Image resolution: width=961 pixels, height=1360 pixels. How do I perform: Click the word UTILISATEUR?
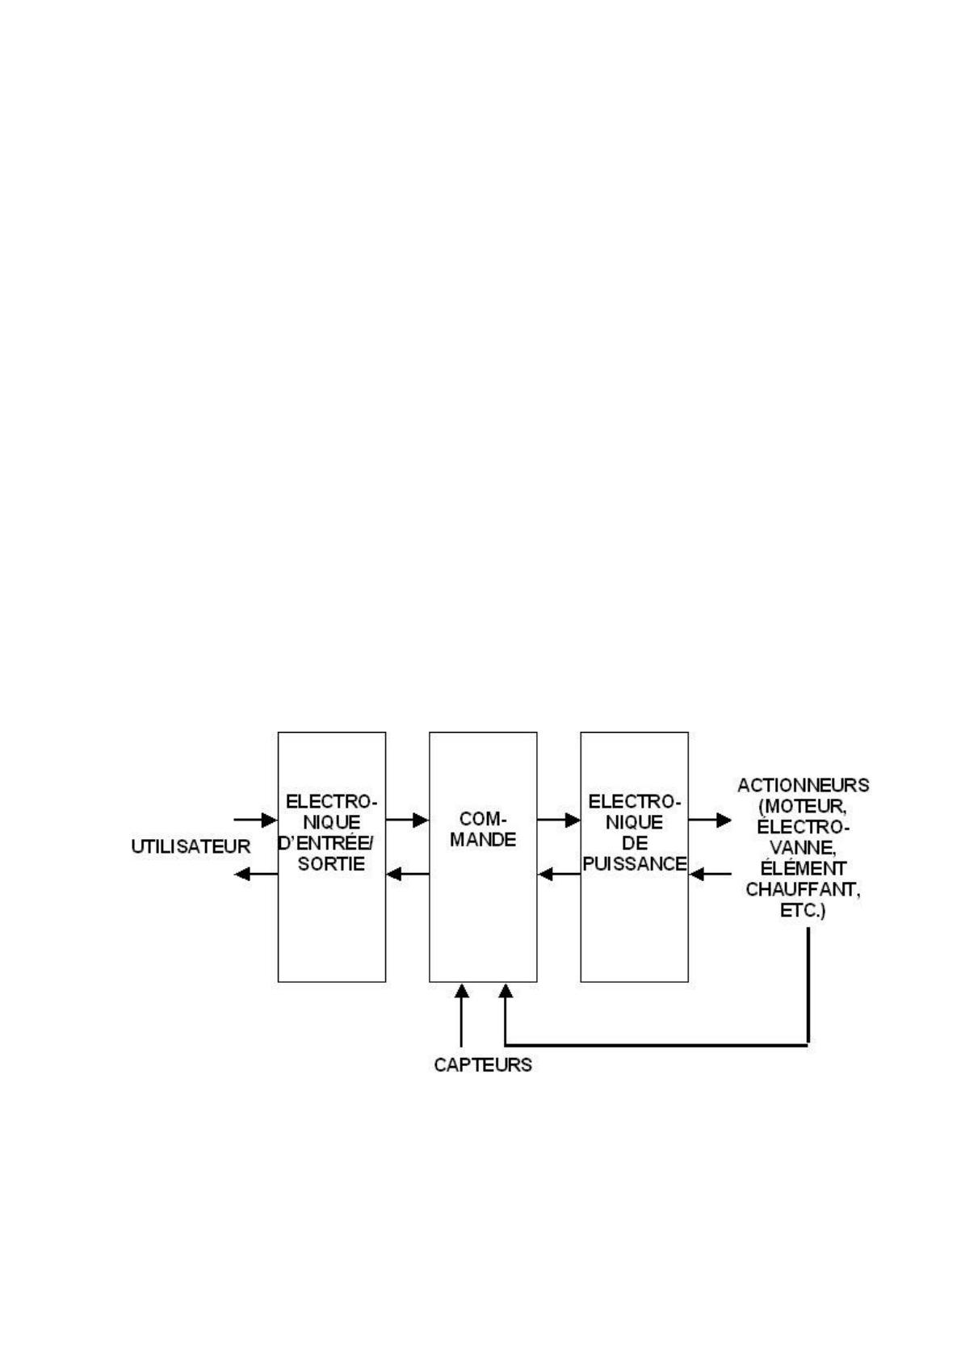click(191, 846)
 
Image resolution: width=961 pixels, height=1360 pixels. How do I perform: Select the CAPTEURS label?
click(483, 1064)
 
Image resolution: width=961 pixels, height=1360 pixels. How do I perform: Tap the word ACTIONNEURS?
click(803, 785)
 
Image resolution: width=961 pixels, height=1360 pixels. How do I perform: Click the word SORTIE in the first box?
click(331, 863)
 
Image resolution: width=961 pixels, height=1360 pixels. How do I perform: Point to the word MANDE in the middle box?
click(483, 839)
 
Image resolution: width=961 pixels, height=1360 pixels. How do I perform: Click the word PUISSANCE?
click(635, 863)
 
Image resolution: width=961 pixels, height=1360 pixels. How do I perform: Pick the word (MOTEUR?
click(803, 806)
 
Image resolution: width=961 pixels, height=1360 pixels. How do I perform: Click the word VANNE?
click(803, 848)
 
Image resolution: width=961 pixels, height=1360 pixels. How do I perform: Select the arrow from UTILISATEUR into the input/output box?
click(255, 821)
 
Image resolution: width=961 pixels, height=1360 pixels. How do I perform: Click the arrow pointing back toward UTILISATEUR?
click(255, 874)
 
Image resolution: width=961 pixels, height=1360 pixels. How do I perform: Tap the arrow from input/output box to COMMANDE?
click(407, 821)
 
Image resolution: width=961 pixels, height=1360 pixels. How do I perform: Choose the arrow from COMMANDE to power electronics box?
click(559, 821)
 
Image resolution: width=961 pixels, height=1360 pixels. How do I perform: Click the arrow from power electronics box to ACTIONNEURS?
click(710, 821)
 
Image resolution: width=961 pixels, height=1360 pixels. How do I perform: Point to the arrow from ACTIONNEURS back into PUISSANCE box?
click(711, 874)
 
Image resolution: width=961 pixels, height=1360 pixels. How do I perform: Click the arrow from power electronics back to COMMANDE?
click(559, 874)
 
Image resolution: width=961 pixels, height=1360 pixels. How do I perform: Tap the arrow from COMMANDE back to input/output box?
click(407, 874)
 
